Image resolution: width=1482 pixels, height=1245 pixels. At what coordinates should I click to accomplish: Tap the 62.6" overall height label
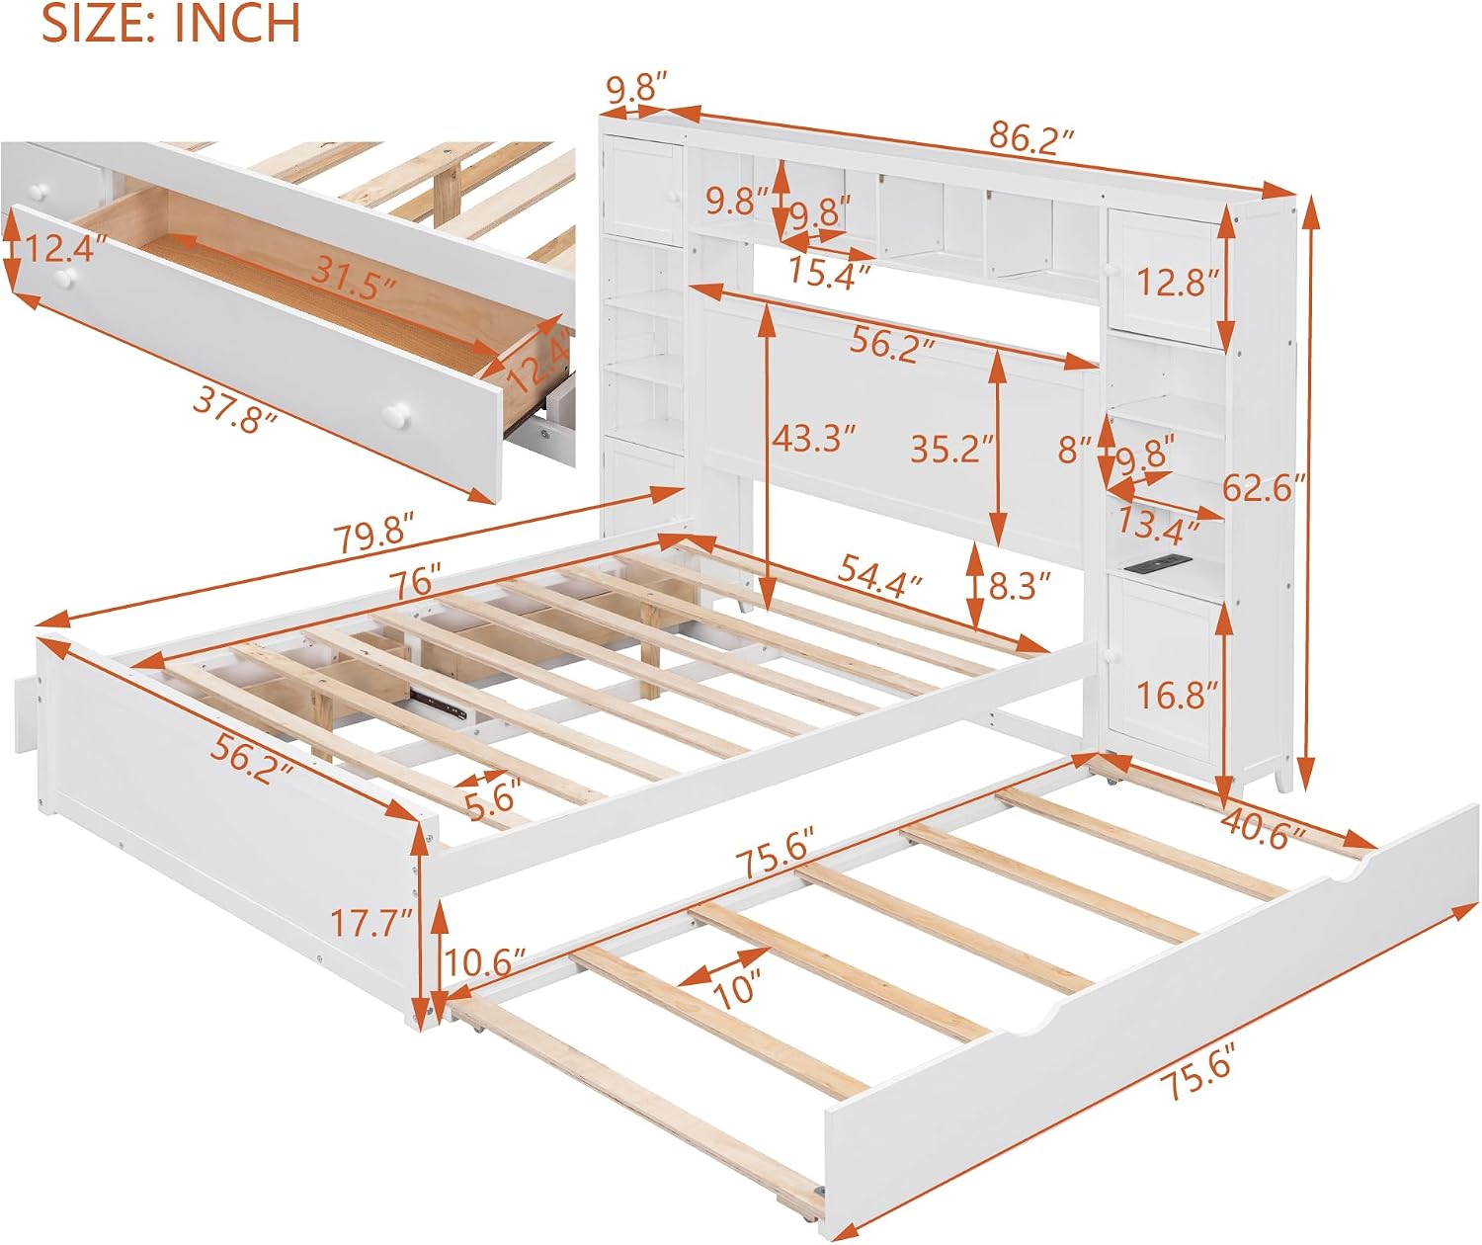click(1264, 487)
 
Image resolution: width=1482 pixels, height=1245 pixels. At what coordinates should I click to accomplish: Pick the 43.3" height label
click(813, 439)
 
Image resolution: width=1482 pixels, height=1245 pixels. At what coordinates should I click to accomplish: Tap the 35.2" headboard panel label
click(951, 449)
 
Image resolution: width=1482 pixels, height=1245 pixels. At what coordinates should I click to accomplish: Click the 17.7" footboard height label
click(371, 923)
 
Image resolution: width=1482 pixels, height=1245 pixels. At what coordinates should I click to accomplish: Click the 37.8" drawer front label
click(234, 412)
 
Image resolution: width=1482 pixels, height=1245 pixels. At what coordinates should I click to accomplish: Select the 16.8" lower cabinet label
click(1178, 695)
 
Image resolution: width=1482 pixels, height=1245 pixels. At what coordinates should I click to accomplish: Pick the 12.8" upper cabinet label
click(1178, 283)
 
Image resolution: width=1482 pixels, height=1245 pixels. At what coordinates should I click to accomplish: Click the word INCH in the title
click(237, 23)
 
